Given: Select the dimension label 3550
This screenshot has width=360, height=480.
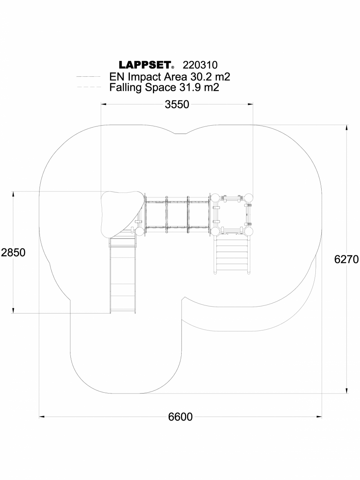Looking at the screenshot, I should [177, 105].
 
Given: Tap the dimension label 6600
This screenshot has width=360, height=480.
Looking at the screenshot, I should [180, 417].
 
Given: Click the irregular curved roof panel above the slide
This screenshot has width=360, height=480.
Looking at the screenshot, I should [121, 213].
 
